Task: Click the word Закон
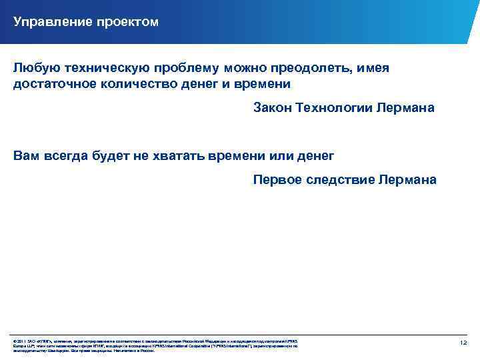point(273,108)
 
